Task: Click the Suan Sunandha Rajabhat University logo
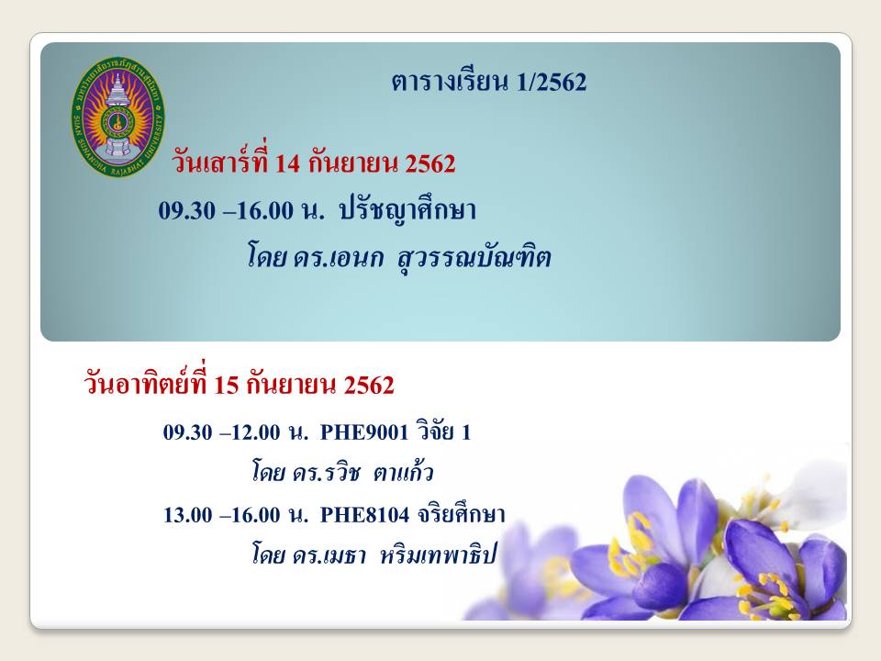point(118,117)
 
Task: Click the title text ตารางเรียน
point(450,82)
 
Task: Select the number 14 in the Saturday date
point(287,163)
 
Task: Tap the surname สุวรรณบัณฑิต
point(474,259)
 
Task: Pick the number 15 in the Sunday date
point(227,386)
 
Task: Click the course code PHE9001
point(364,432)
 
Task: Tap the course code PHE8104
point(364,515)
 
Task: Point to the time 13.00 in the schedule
point(188,515)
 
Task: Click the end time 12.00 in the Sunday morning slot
point(256,432)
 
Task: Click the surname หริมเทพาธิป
point(439,555)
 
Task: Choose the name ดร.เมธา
point(329,556)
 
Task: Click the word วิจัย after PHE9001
point(435,431)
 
